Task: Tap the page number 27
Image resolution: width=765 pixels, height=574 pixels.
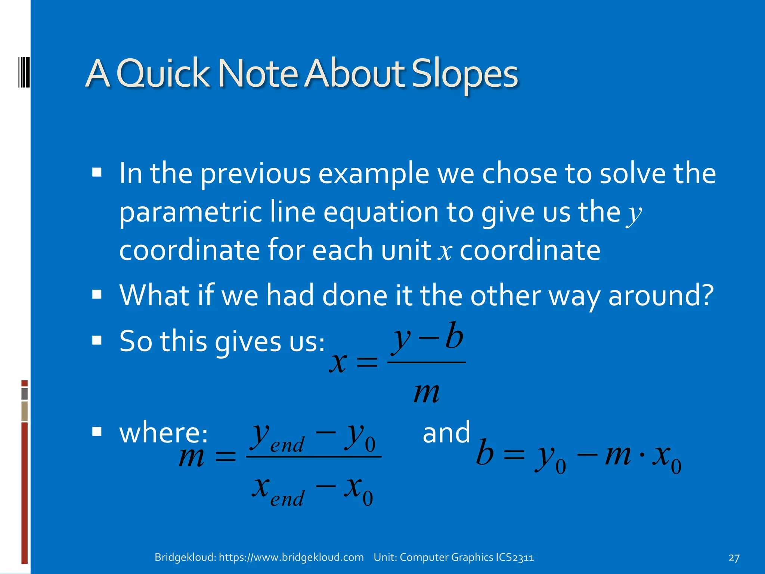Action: coord(734,558)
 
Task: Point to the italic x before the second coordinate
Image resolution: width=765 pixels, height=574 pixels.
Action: coord(445,252)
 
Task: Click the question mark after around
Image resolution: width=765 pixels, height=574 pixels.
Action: coord(706,295)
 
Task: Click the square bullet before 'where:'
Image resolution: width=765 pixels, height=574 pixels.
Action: coord(97,432)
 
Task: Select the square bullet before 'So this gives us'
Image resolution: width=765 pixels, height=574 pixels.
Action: coord(97,340)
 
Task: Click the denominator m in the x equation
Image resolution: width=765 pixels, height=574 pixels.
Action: coord(427,393)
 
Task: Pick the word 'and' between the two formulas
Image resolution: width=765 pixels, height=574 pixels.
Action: coord(446,432)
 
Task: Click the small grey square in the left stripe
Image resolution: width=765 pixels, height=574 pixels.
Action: coord(25,394)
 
